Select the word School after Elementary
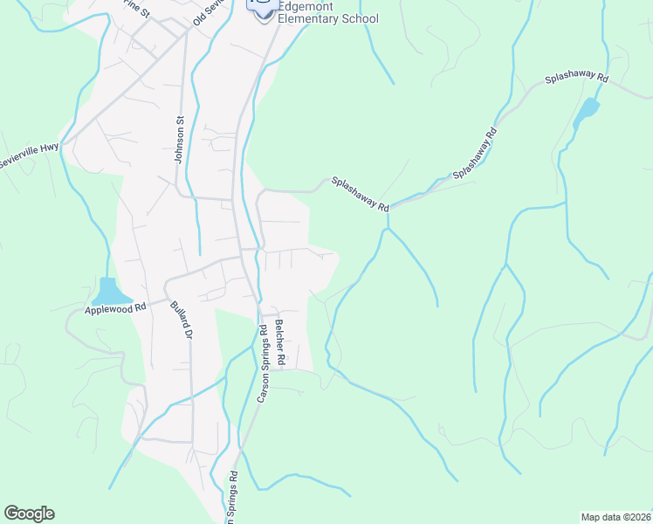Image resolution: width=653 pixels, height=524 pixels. click(360, 18)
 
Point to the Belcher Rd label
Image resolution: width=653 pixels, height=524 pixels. click(280, 341)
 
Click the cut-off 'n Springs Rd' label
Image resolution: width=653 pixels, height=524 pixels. click(233, 498)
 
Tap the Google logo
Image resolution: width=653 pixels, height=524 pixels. click(29, 514)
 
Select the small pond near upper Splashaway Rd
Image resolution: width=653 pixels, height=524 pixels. click(587, 113)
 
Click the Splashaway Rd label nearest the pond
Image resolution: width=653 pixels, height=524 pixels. click(576, 78)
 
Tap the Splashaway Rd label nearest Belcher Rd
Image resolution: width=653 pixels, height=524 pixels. click(360, 193)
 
